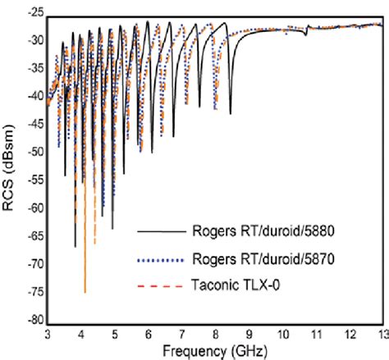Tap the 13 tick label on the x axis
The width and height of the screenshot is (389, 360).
point(380,335)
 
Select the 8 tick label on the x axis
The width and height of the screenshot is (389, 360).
point(215,335)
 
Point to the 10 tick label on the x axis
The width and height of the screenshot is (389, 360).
point(281,335)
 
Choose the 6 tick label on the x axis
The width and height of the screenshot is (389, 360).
point(148,335)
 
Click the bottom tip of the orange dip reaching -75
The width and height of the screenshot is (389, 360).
point(85,292)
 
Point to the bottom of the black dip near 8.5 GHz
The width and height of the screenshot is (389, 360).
point(231,113)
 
